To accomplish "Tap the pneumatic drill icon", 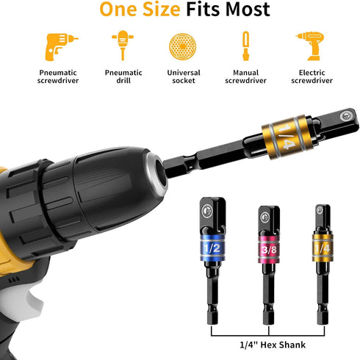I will [120, 46].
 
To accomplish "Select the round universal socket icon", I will [183, 46].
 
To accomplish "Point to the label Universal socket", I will [183, 78].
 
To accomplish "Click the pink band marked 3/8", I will [268, 250].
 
